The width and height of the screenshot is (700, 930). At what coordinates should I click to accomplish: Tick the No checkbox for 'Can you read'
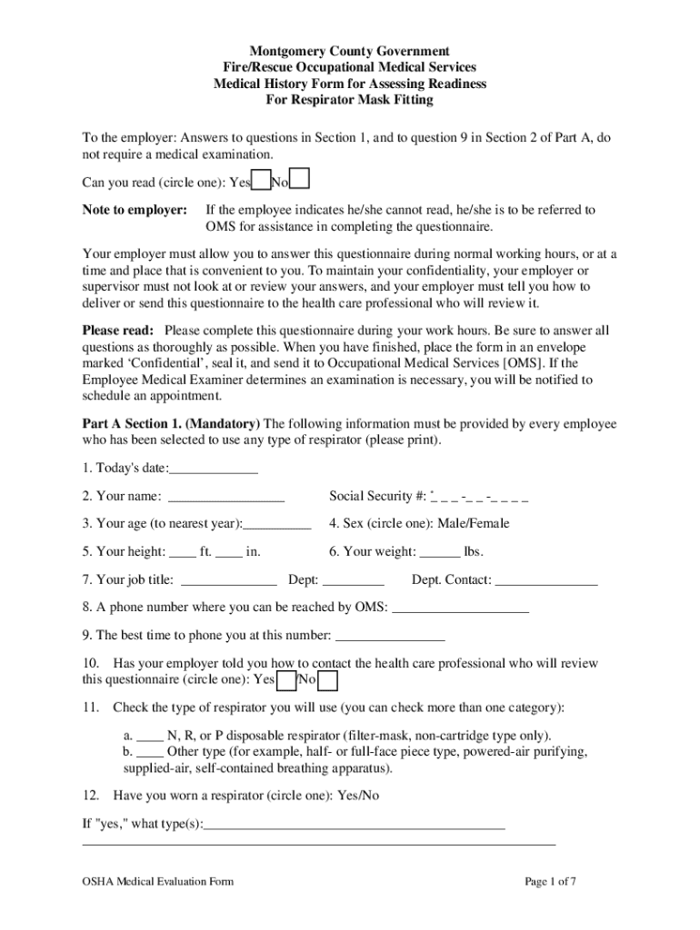tap(300, 180)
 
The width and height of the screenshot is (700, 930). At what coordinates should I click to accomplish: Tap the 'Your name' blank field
tap(226, 496)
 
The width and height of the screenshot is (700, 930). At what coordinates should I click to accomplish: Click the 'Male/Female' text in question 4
tap(473, 523)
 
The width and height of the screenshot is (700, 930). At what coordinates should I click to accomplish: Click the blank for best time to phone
tap(390, 636)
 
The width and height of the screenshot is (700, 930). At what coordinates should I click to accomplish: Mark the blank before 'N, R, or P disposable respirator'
tap(150, 736)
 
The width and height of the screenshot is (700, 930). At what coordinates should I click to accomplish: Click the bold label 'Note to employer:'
tap(135, 210)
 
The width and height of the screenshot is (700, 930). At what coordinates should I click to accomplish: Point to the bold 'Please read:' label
tap(118, 331)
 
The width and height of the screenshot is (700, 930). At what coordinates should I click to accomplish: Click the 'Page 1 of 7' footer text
tap(551, 881)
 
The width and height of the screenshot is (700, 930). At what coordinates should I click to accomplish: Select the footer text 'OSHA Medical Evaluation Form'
tap(158, 881)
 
